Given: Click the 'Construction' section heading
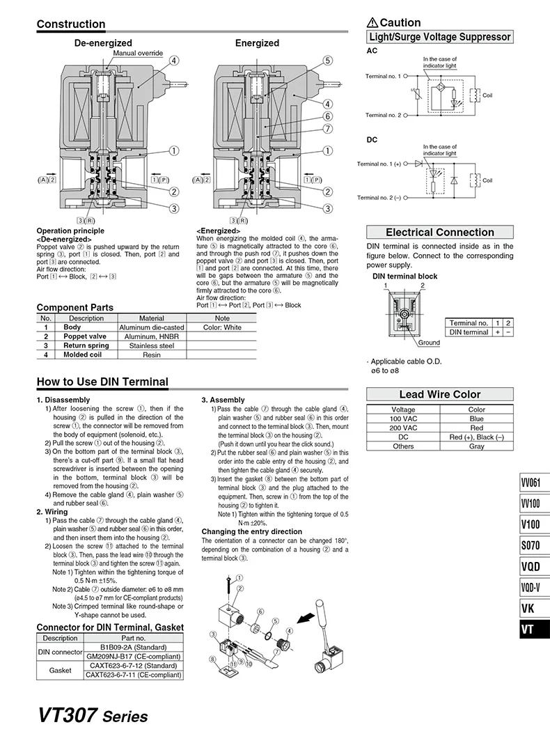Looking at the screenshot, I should (x=71, y=24).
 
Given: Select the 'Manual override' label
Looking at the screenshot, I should (x=138, y=53).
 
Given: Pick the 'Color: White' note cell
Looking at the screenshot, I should (x=222, y=327).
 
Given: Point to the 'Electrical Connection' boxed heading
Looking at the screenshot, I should (x=440, y=233).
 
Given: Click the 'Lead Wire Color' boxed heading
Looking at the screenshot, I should (x=440, y=395).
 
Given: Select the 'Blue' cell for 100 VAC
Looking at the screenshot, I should (x=477, y=419).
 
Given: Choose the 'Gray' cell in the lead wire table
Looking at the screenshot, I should (x=477, y=446).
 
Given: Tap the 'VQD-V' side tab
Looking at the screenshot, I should (x=535, y=587).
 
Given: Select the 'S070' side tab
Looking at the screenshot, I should (x=535, y=545).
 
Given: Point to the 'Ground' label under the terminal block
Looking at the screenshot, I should (x=429, y=343).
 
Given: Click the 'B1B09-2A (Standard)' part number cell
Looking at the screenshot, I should (x=133, y=647).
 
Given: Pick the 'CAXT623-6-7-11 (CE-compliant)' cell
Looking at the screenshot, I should (x=133, y=674).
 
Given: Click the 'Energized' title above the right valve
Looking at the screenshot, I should (x=257, y=43).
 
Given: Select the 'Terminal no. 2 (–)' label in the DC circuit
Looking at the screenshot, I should (x=379, y=198).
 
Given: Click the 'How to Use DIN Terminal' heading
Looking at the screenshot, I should (x=102, y=382).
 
